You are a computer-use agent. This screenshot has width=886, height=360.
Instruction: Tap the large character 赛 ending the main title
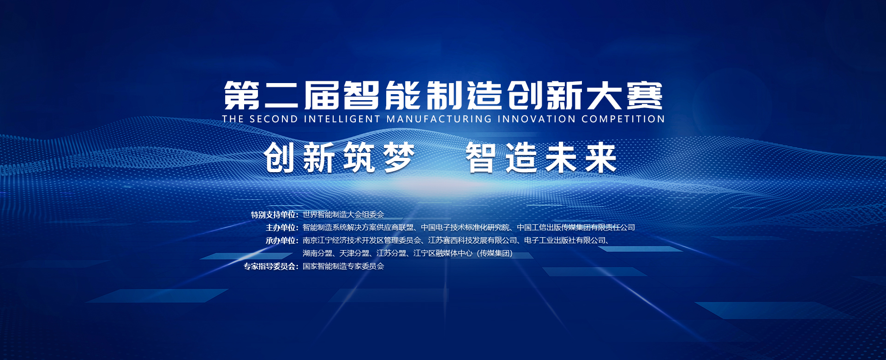645,96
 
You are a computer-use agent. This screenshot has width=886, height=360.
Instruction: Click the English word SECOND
274,119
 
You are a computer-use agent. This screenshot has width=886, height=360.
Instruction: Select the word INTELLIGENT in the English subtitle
342,119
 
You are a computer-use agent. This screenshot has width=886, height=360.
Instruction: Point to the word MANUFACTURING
439,119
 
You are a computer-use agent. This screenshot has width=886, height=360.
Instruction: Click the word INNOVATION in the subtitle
537,119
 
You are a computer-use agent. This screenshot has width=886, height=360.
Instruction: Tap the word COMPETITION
623,119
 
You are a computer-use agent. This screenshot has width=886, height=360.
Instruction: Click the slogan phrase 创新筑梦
339,158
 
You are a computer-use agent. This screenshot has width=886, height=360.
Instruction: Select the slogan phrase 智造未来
541,158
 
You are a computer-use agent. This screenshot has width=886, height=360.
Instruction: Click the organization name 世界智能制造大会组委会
343,215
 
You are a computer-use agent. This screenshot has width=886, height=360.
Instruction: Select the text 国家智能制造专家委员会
343,266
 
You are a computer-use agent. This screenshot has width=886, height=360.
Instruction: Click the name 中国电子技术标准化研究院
465,228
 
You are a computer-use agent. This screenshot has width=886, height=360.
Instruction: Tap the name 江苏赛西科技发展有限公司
473,240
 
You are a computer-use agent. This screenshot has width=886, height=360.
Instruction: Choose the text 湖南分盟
317,253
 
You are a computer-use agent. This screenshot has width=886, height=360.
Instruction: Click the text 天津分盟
354,253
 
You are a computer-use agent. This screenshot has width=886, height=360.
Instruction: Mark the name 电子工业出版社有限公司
565,240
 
